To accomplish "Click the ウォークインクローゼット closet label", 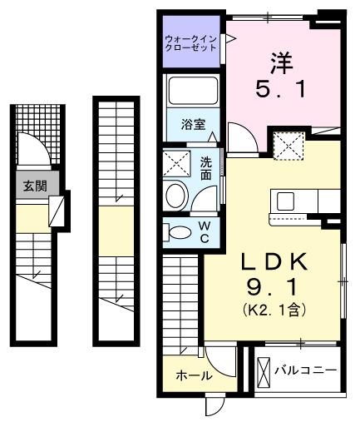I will pyautogui.click(x=191, y=42).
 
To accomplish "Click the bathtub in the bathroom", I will pyautogui.click(x=193, y=91).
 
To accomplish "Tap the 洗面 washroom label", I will pyautogui.click(x=205, y=169).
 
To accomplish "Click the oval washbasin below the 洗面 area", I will pyautogui.click(x=177, y=196).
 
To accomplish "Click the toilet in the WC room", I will pyautogui.click(x=177, y=231).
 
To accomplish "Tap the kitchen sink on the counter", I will pyautogui.click(x=286, y=201).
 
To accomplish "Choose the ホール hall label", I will pyautogui.click(x=193, y=376).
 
